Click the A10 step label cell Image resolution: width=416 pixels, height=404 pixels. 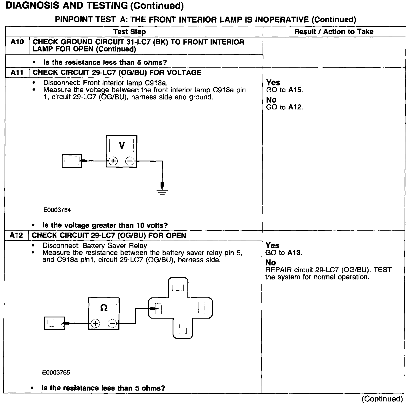[17, 42]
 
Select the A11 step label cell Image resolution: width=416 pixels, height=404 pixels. [17, 73]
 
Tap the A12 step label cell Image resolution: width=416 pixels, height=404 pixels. [16, 235]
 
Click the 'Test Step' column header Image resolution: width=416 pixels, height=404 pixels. [129, 32]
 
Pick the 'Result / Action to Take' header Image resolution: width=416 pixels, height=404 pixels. [334, 32]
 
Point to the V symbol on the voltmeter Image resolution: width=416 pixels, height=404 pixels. [122, 146]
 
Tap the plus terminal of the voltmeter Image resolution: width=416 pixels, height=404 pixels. [113, 161]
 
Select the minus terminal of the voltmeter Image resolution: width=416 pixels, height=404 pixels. [130, 161]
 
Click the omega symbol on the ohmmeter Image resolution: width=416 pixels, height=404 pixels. [104, 308]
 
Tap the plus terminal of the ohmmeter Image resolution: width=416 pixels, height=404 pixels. [95, 323]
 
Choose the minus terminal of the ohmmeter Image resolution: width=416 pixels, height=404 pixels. [112, 323]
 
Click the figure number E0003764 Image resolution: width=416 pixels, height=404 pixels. [57, 210]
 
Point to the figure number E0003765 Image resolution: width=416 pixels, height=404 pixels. [56, 373]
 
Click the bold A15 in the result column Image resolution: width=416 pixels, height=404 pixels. [295, 90]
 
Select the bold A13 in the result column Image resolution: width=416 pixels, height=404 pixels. [294, 253]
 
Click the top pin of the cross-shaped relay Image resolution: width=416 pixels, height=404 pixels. [178, 287]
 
